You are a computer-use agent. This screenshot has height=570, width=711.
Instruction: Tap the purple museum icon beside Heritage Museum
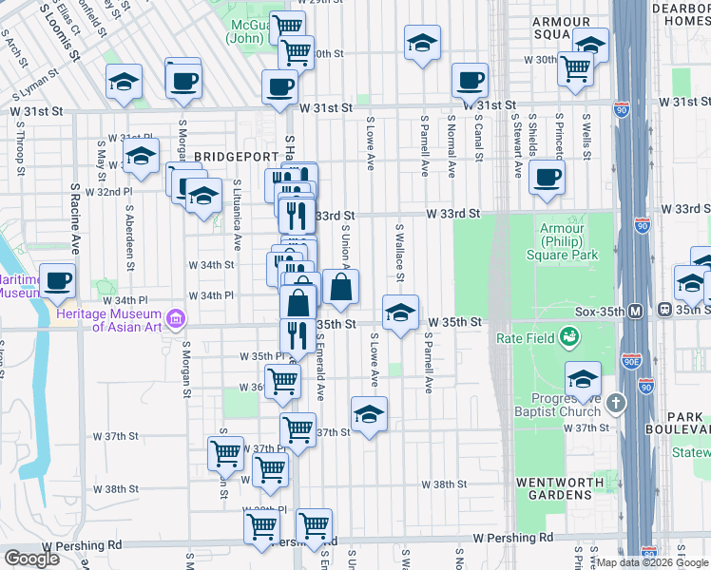[175, 317]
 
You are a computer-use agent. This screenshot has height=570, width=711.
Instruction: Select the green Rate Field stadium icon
[569, 336]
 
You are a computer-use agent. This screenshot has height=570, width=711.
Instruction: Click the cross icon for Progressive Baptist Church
[616, 403]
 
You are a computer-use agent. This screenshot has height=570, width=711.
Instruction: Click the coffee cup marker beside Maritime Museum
[58, 281]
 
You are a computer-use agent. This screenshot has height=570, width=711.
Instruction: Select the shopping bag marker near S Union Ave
[341, 287]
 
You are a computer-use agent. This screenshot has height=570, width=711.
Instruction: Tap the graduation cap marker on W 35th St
[400, 312]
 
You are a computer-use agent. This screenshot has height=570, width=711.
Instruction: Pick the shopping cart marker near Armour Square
[575, 67]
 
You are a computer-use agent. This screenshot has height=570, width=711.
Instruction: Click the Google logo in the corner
[31, 559]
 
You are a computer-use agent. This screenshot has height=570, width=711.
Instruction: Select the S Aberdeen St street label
[129, 225]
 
